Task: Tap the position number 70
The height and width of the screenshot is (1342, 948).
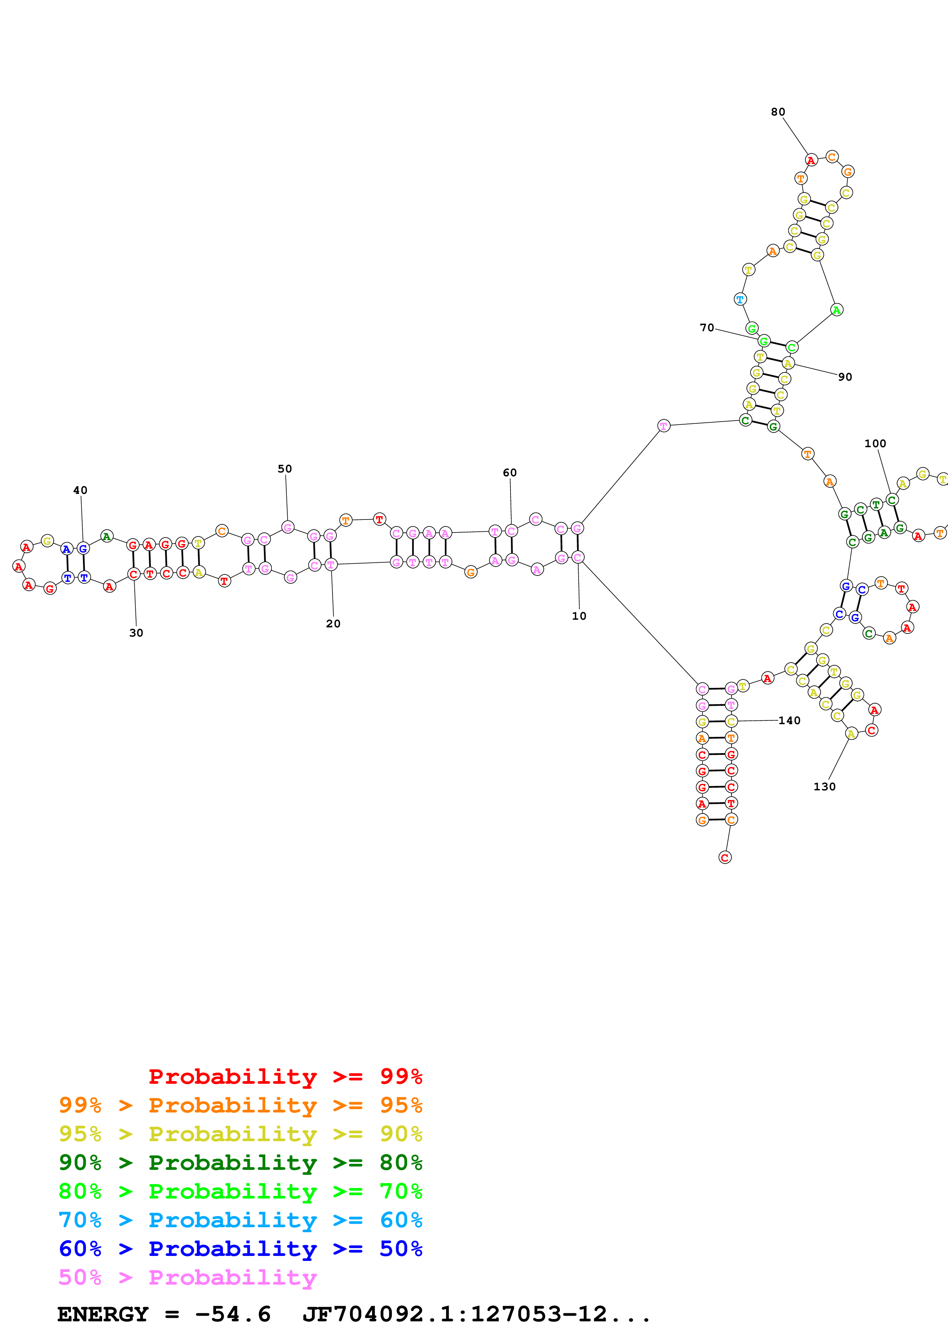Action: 707,328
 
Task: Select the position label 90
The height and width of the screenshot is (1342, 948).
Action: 845,377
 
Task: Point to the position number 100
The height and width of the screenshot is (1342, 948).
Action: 875,444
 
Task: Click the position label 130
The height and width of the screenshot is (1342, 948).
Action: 824,787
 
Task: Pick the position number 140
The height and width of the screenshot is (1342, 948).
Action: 789,721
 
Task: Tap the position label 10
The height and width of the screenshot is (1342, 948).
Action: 579,616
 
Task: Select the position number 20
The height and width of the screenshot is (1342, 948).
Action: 333,624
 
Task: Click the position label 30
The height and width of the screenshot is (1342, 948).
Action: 136,633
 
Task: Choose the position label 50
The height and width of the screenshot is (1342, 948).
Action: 285,469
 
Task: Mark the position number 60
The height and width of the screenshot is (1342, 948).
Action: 509,473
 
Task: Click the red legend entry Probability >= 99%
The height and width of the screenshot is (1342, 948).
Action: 285,1077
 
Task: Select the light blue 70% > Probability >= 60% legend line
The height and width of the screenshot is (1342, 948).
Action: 240,1220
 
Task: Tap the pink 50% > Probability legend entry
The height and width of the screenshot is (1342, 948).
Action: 187,1278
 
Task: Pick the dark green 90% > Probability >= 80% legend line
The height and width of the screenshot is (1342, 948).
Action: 240,1163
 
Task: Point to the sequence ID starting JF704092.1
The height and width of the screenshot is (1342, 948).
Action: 476,1314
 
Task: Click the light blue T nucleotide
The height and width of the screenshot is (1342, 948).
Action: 740,299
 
